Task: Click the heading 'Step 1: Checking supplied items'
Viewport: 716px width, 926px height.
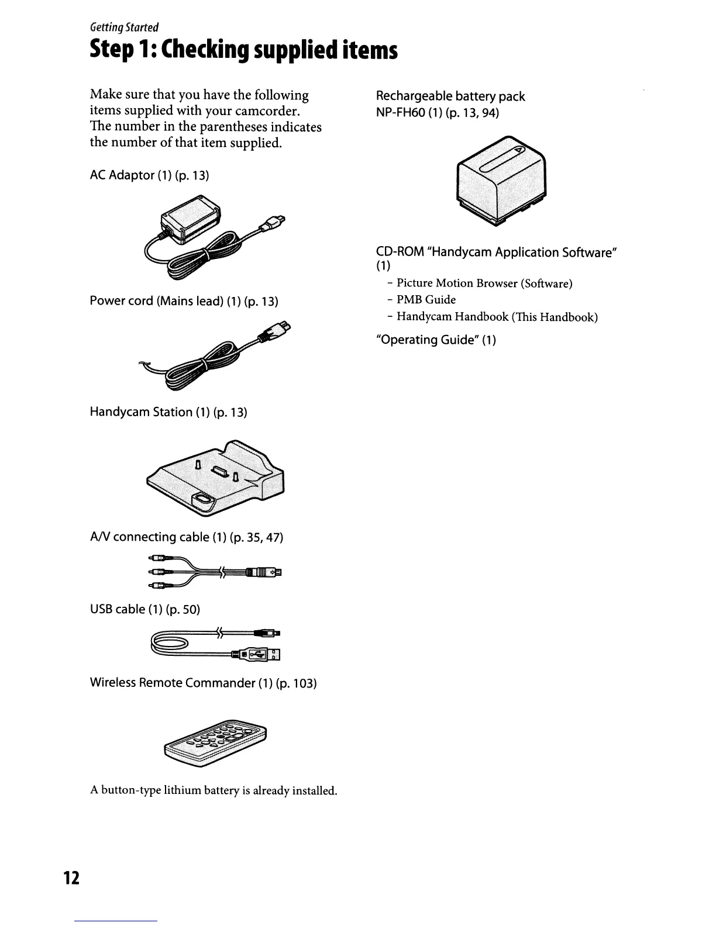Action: coord(244,50)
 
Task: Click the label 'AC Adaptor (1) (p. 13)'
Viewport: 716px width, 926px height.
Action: coord(149,175)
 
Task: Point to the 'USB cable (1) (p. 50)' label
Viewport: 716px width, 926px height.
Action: coord(144,609)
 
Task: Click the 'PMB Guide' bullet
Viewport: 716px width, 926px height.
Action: coord(426,300)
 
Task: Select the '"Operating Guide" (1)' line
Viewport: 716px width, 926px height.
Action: coord(436,340)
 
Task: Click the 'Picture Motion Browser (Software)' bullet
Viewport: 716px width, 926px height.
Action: coord(484,283)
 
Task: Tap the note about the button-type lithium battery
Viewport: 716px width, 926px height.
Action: coord(214,791)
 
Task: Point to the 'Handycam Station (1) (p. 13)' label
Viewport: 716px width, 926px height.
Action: coord(168,412)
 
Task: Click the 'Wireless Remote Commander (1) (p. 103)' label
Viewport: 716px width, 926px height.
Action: coord(203,683)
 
